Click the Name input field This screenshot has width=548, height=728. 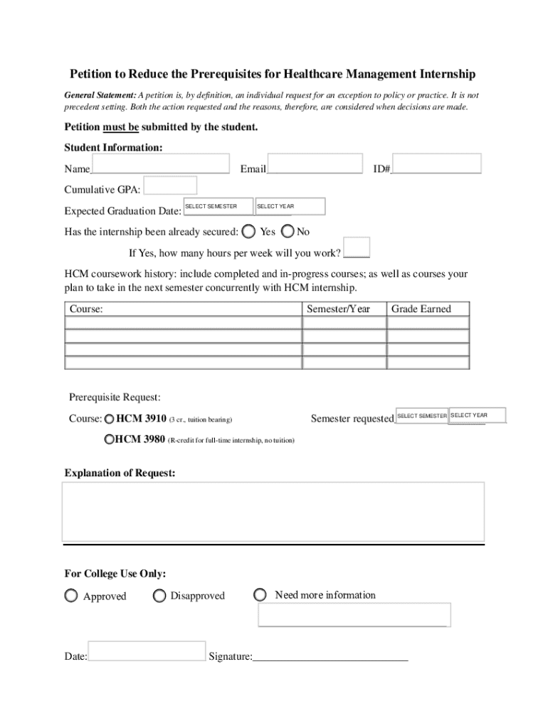click(x=161, y=164)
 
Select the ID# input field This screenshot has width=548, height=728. click(x=436, y=164)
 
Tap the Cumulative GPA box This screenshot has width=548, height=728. click(x=170, y=186)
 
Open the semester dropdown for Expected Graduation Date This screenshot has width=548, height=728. click(x=218, y=207)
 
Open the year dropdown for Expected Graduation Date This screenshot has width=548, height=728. click(x=290, y=207)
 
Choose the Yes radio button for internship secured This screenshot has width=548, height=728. click(x=249, y=231)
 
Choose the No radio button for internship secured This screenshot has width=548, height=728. click(x=288, y=231)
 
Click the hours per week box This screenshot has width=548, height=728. click(x=357, y=247)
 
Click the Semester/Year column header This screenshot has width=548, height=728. click(x=338, y=309)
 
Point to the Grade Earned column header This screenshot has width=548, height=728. click(x=421, y=309)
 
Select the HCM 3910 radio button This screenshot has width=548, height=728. click(x=109, y=419)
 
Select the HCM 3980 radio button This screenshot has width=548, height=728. click(x=109, y=439)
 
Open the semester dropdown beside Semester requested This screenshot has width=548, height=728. click(x=421, y=416)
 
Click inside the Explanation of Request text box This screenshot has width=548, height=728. click(x=273, y=512)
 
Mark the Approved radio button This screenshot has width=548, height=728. click(x=71, y=596)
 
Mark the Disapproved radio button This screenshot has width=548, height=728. click(x=159, y=596)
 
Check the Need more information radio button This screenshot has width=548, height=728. click(x=261, y=594)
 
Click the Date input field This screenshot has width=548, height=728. click(x=147, y=651)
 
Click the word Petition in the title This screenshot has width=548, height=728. click(x=90, y=74)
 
